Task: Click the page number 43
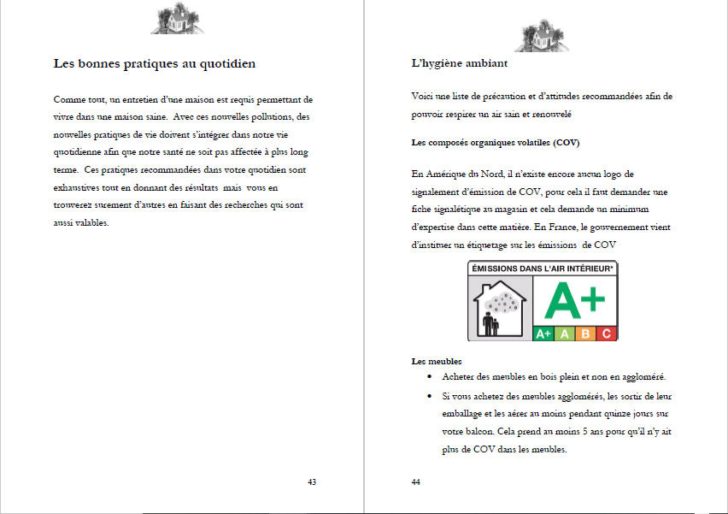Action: point(312,482)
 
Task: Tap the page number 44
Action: point(415,482)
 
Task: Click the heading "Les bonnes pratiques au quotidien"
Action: point(154,63)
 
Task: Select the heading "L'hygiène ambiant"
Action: point(460,63)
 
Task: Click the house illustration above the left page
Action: point(178,17)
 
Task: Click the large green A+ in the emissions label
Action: point(575,299)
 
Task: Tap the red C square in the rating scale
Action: point(606,334)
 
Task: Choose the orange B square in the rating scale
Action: point(585,334)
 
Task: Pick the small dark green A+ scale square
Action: point(543,334)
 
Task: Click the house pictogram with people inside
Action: point(500,309)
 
